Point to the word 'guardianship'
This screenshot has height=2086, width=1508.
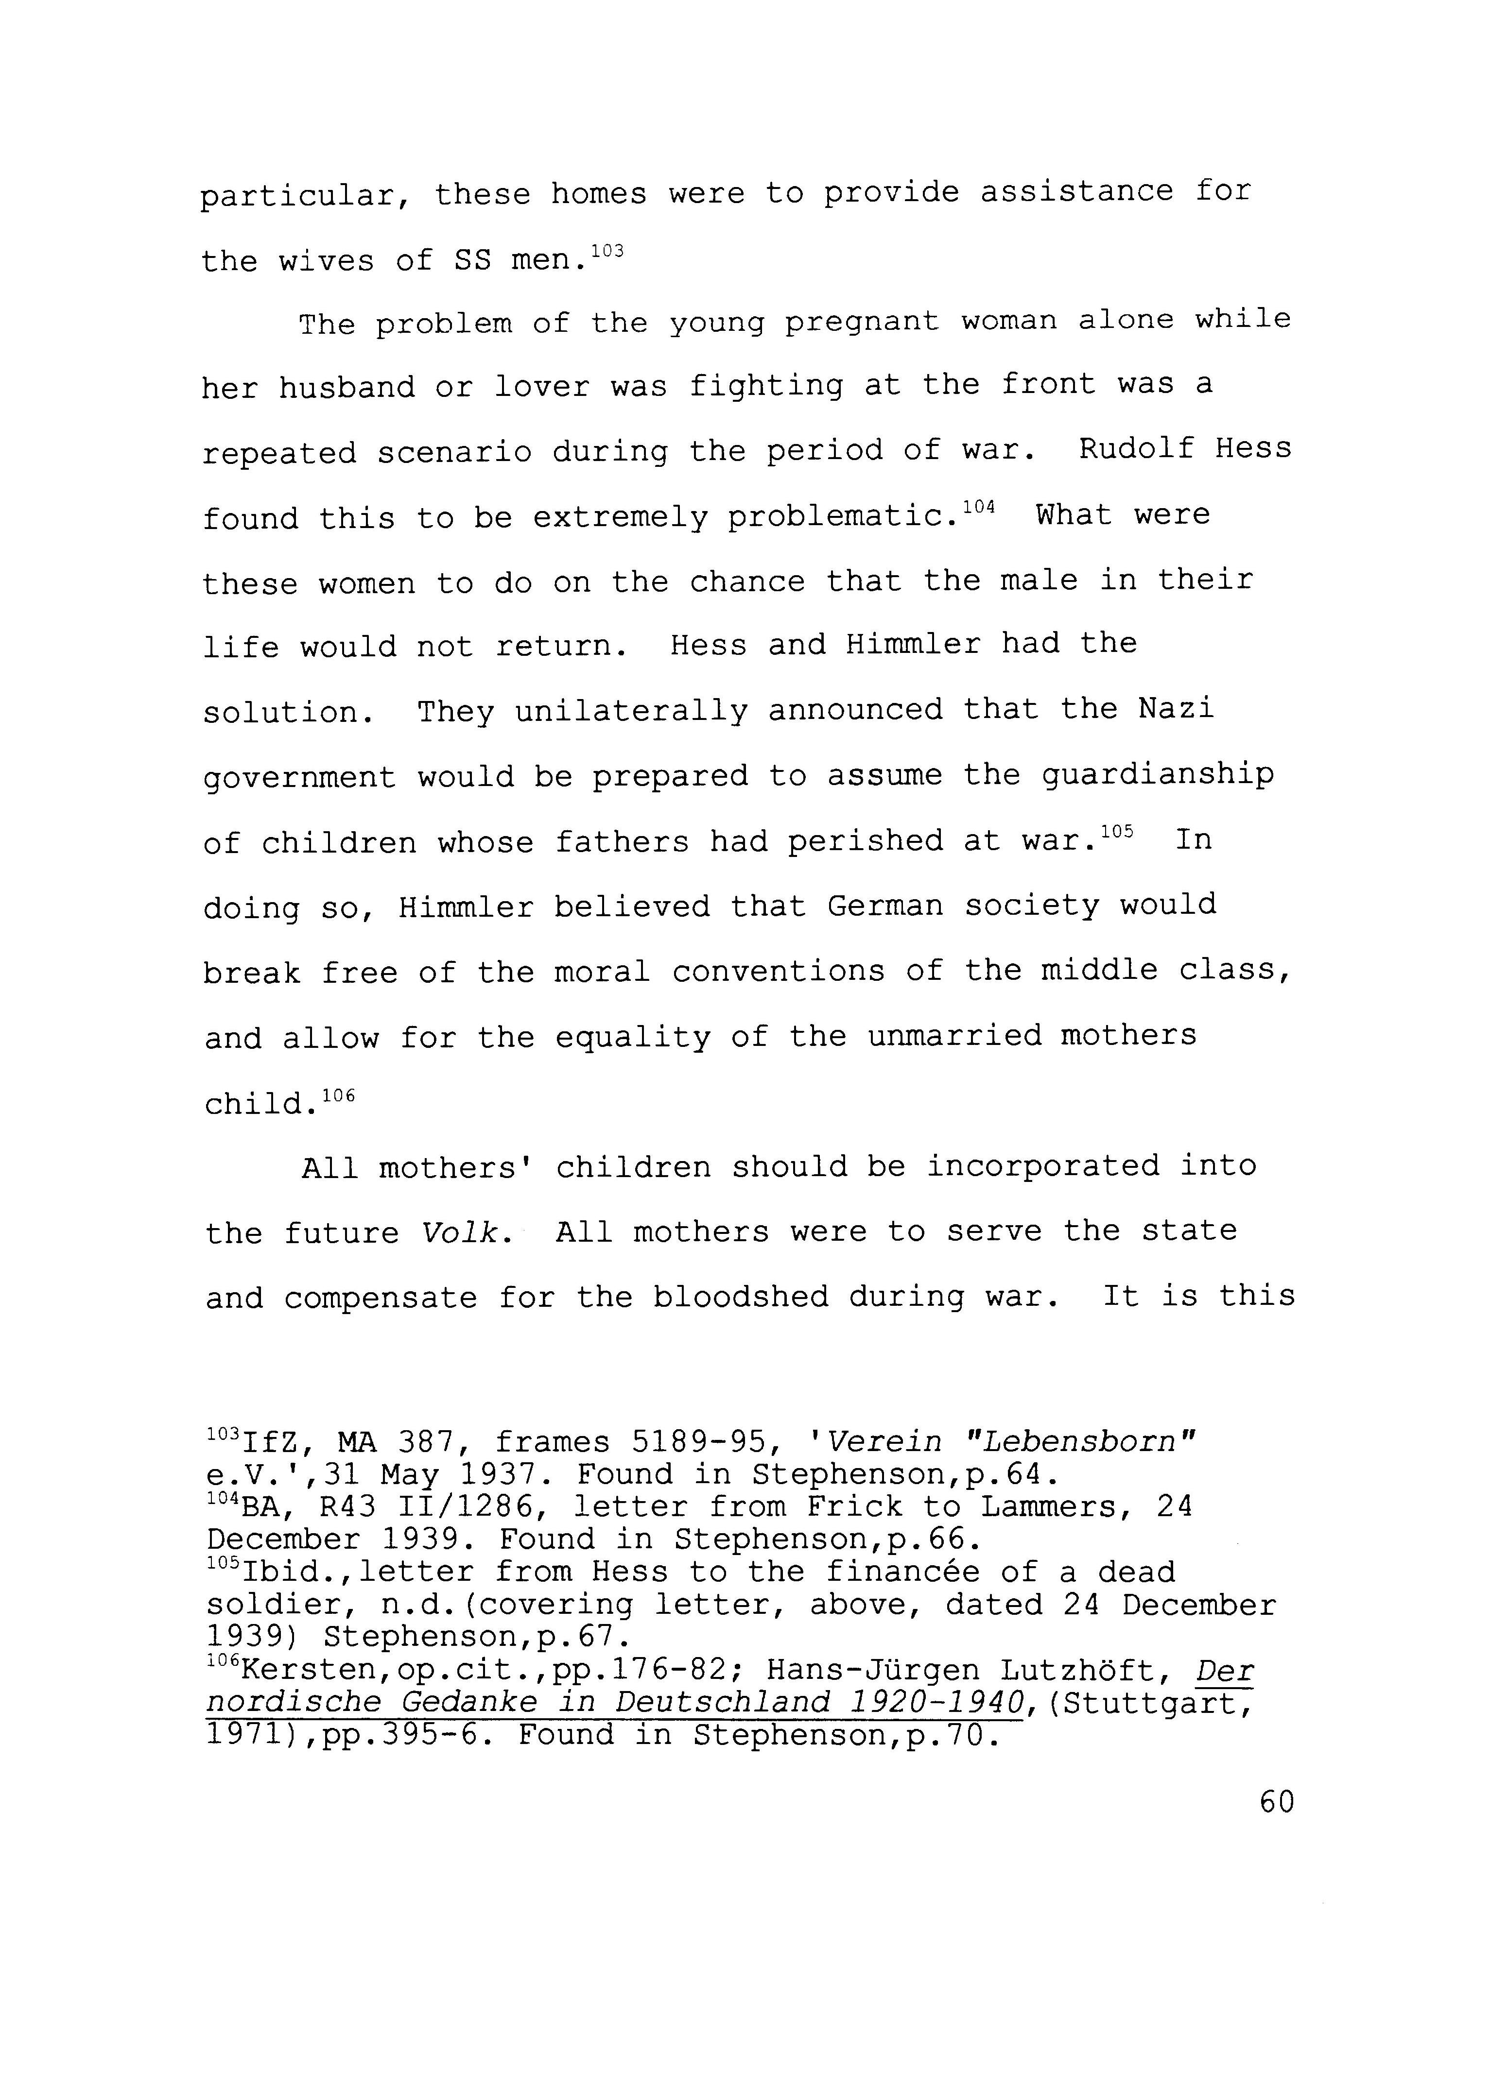coord(1158,775)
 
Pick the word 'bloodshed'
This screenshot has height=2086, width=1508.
coord(740,1297)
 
